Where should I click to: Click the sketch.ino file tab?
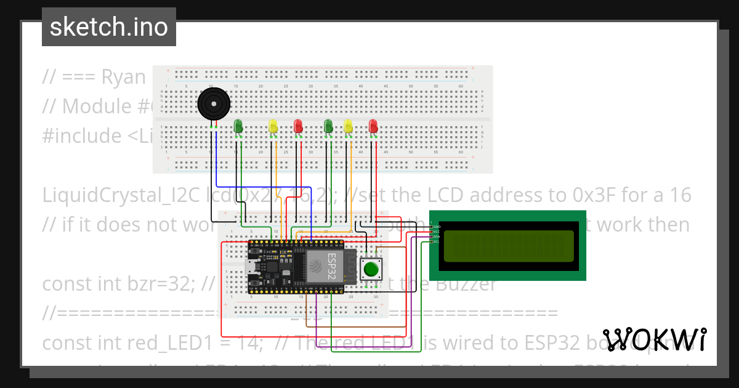pos(109,27)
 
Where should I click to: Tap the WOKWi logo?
pos(654,339)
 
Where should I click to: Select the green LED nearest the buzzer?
pos(238,126)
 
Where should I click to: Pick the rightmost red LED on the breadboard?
pos(373,126)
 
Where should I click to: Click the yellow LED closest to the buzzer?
pos(273,126)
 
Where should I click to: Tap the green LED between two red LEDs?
pos(328,126)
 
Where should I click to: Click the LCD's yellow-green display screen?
pos(508,245)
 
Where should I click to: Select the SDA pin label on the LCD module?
pos(436,236)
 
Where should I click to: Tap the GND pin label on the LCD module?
pos(436,227)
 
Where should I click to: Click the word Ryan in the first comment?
pos(123,77)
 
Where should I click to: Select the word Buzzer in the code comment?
pos(456,284)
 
